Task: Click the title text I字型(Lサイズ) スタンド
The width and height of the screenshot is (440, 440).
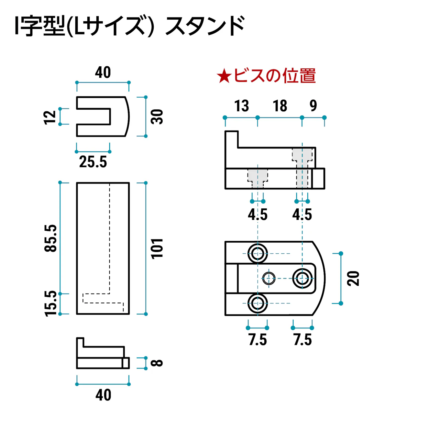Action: [130, 26]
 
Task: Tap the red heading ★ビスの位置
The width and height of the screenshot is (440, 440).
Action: [266, 76]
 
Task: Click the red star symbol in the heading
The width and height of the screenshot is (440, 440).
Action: [224, 76]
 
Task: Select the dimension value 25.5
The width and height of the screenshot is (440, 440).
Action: [93, 162]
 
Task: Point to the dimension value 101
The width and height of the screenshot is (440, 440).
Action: [157, 248]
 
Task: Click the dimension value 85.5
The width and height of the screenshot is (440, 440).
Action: [51, 238]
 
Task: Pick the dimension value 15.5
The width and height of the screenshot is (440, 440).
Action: [51, 303]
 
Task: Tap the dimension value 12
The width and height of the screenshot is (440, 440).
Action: [50, 117]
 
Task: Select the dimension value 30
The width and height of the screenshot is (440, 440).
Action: [157, 117]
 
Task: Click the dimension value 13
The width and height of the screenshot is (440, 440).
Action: [241, 106]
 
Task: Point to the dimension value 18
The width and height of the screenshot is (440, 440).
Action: [280, 106]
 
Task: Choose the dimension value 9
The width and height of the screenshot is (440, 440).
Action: [313, 106]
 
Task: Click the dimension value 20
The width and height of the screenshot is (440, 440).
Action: [353, 278]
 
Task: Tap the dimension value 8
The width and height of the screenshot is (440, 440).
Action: [157, 363]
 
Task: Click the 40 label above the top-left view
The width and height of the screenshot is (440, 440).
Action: [103, 73]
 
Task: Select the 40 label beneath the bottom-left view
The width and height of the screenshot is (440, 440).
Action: [103, 395]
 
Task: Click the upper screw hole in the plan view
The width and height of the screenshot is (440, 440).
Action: [257, 254]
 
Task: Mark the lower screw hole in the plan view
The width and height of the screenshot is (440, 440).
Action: [257, 303]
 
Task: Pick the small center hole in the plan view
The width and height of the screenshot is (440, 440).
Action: [269, 278]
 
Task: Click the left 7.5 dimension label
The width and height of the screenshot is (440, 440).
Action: [257, 340]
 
